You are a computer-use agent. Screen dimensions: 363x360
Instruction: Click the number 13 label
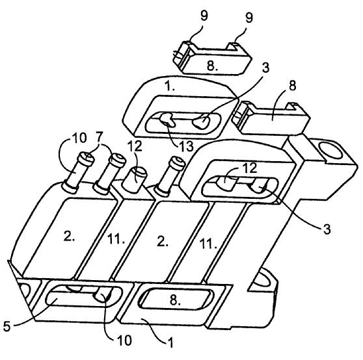coord(185,147)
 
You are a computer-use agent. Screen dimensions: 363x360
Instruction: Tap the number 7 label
coord(99,138)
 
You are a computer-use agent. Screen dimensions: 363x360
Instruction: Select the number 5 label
coord(7,327)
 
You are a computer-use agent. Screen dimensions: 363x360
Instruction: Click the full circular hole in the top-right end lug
coord(330,150)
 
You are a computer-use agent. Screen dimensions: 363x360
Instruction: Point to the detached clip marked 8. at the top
coord(211,58)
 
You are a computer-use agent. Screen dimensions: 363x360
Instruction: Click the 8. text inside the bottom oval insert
coord(175,301)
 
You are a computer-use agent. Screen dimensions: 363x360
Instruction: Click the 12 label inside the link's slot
coord(250,168)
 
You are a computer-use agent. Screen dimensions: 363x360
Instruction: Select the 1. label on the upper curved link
coord(170,86)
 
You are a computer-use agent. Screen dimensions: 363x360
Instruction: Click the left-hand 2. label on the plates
coord(69,236)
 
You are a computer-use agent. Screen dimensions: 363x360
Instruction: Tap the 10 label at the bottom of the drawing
coord(124,340)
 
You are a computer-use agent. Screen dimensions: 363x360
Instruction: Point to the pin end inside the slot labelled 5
coord(103,295)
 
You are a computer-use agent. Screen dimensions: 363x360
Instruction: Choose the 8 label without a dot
coord(293,86)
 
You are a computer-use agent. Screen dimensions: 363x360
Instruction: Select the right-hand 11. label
coord(208,244)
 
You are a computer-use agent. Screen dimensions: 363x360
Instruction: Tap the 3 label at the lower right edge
coord(327,229)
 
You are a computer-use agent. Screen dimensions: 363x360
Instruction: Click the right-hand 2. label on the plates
coord(162,242)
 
